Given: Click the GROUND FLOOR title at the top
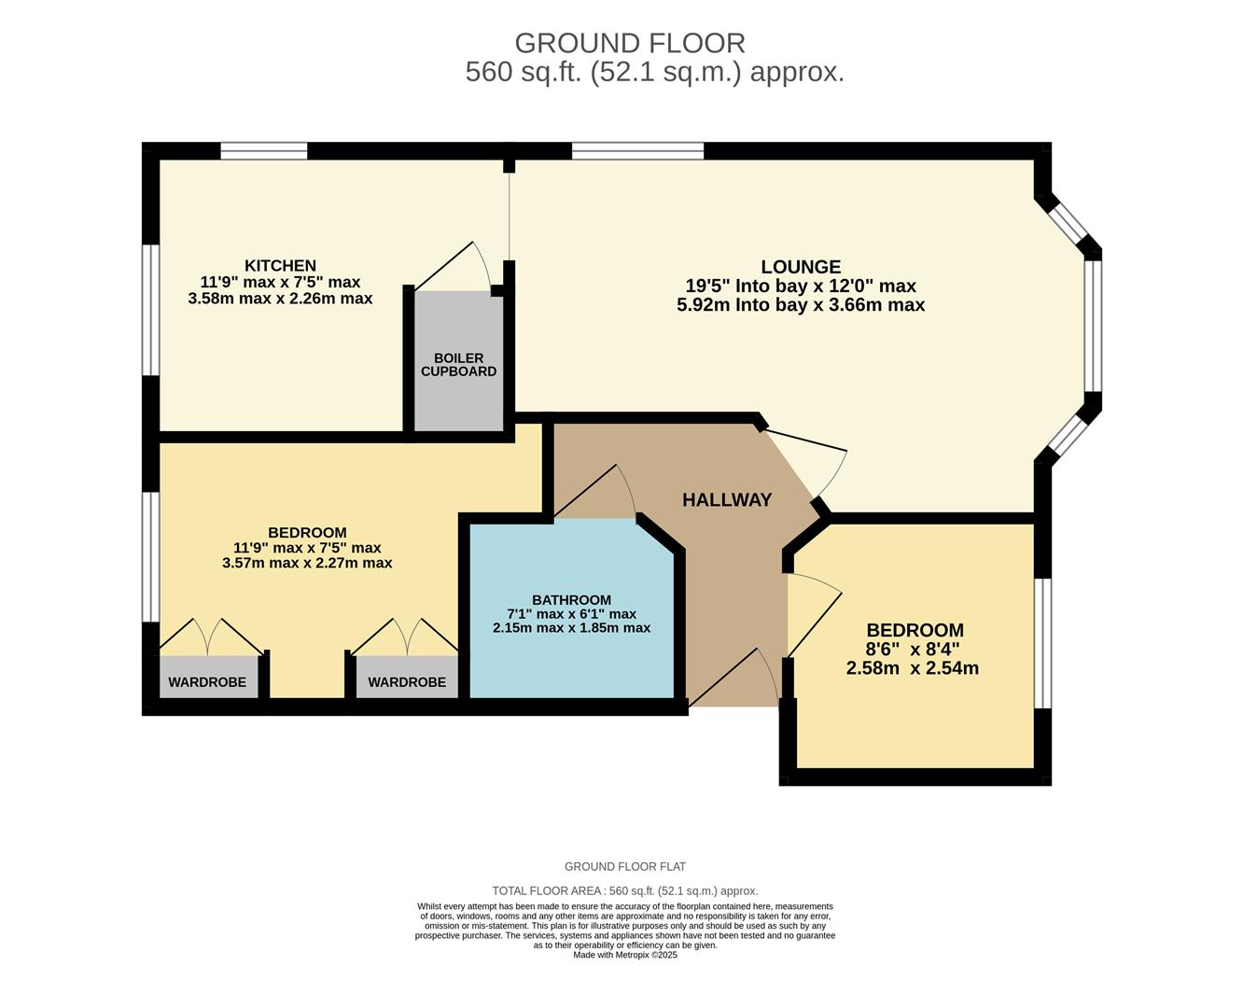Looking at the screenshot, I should point(630,43).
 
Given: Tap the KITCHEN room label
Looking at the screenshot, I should point(280,266).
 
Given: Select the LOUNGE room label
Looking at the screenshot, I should point(801,267).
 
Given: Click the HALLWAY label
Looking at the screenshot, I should point(727,500).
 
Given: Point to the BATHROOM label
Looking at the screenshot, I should point(571,600).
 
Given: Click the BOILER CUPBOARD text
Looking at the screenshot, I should point(458,365).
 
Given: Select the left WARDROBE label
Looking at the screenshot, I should point(207,682).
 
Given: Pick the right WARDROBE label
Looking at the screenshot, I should point(407,682).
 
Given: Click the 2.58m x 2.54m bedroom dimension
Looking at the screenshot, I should point(912,668).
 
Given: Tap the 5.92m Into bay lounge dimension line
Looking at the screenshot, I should point(801,305).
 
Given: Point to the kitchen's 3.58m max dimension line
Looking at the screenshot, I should point(280,299).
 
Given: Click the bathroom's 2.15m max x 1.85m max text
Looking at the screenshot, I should point(571,628).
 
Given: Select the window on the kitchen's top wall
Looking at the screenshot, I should point(264,151).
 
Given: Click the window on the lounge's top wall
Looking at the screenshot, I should point(637,151).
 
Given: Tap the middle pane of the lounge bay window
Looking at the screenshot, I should point(1093,324).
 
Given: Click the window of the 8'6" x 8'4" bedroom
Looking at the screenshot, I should point(1043,643).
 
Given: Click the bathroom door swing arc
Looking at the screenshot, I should point(602,490).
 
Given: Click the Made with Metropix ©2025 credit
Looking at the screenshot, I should point(625,955).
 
